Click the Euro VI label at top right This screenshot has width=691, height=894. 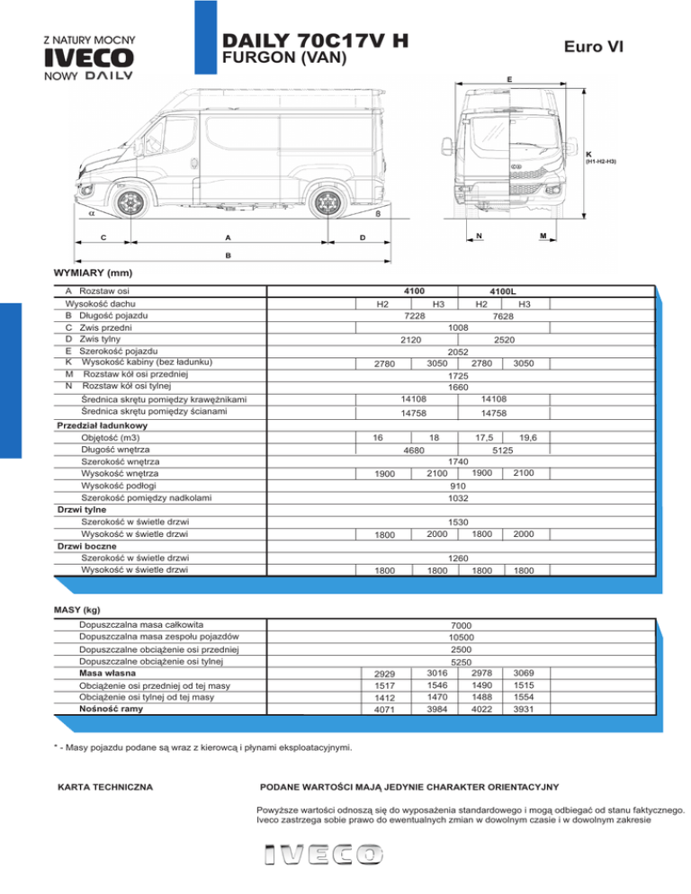(x=591, y=47)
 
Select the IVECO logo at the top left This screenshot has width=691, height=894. (x=89, y=58)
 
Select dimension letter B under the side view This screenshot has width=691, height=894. (x=229, y=255)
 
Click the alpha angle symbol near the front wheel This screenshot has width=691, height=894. (x=92, y=214)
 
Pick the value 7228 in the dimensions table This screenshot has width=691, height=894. (x=415, y=316)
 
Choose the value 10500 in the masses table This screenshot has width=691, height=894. (x=462, y=637)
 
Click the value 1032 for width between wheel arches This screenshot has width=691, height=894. (x=462, y=496)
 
